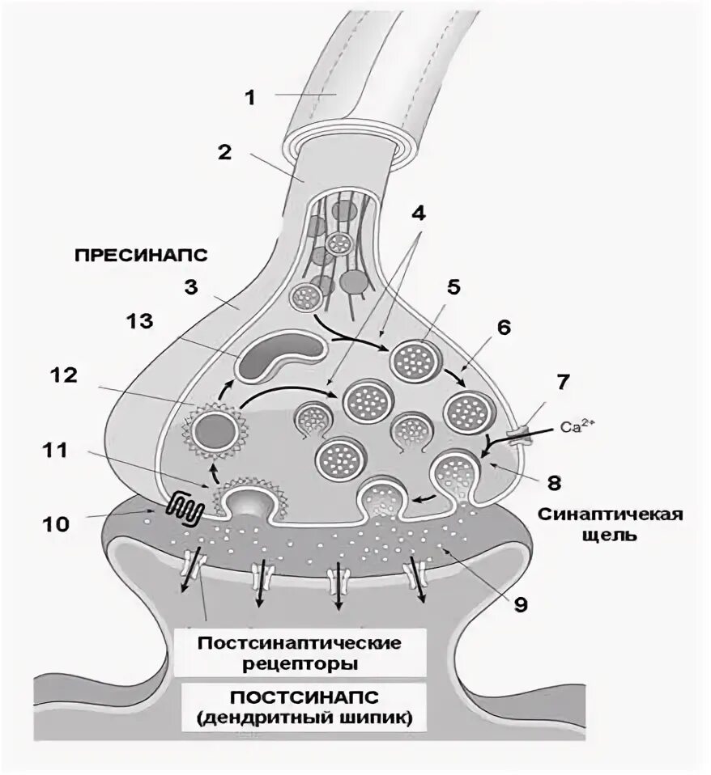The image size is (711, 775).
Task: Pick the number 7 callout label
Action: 561,379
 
